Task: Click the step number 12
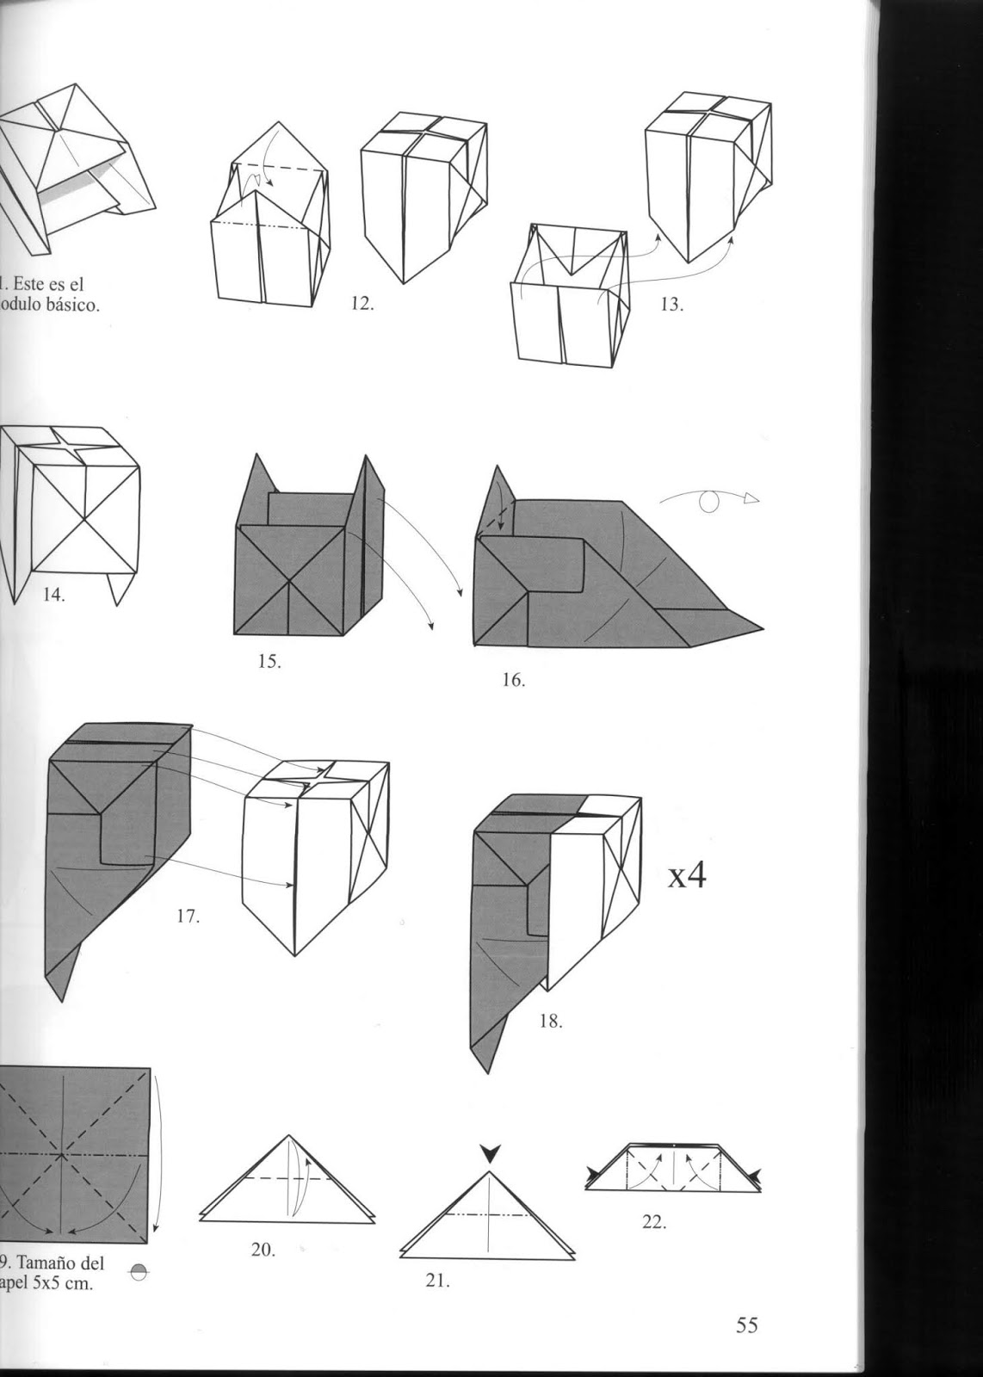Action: click(x=362, y=304)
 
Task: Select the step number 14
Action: click(x=53, y=594)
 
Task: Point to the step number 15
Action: click(x=270, y=662)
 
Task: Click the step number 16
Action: click(x=513, y=680)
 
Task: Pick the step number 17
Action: click(x=188, y=917)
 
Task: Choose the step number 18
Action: click(x=550, y=1022)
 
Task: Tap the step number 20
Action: click(x=263, y=1250)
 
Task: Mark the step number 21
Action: click(x=437, y=1280)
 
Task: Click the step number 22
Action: click(x=653, y=1221)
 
